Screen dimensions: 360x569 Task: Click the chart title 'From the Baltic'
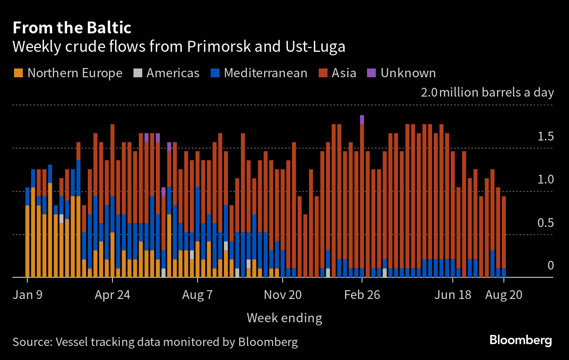(x=72, y=28)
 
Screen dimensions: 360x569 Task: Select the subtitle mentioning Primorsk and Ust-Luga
(x=179, y=47)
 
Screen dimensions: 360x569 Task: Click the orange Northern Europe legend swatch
(x=18, y=73)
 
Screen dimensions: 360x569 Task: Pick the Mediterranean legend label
(x=265, y=73)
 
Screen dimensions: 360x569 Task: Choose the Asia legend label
(x=344, y=73)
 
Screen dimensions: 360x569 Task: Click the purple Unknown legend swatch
(x=371, y=73)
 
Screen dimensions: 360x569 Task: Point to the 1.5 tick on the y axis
(x=546, y=137)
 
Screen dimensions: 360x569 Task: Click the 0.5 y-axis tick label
(x=546, y=223)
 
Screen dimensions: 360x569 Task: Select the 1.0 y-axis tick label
(x=546, y=180)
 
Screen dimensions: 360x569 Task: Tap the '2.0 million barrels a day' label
(x=487, y=93)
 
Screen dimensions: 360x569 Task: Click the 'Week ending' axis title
(x=284, y=318)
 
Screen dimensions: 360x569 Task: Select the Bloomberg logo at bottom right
(x=520, y=340)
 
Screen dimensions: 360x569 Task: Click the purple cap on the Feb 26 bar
(x=362, y=119)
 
